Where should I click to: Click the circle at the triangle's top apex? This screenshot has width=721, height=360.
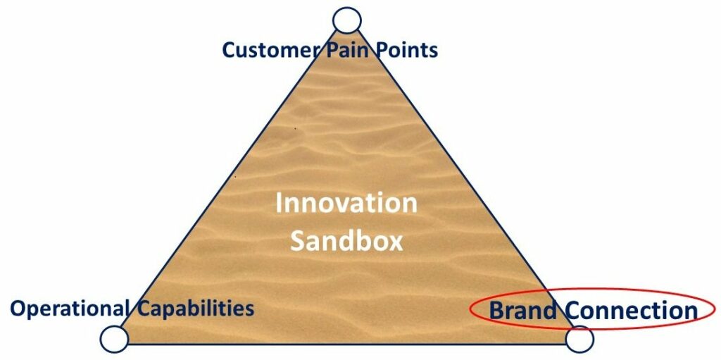(347, 20)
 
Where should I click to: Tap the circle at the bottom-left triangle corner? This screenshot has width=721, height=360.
(115, 340)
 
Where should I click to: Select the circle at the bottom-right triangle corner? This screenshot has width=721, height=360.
(579, 340)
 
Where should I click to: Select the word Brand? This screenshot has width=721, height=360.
(523, 310)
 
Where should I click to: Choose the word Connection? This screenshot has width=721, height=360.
(632, 310)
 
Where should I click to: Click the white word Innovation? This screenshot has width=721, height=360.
(346, 203)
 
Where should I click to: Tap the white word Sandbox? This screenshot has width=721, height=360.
(346, 241)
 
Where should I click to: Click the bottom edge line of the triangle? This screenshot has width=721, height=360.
(346, 343)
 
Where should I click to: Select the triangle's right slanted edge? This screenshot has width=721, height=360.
(465, 181)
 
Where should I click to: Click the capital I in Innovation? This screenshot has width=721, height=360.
(278, 203)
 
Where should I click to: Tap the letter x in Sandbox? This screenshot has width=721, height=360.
(396, 244)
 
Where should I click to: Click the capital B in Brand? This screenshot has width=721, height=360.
(496, 310)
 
